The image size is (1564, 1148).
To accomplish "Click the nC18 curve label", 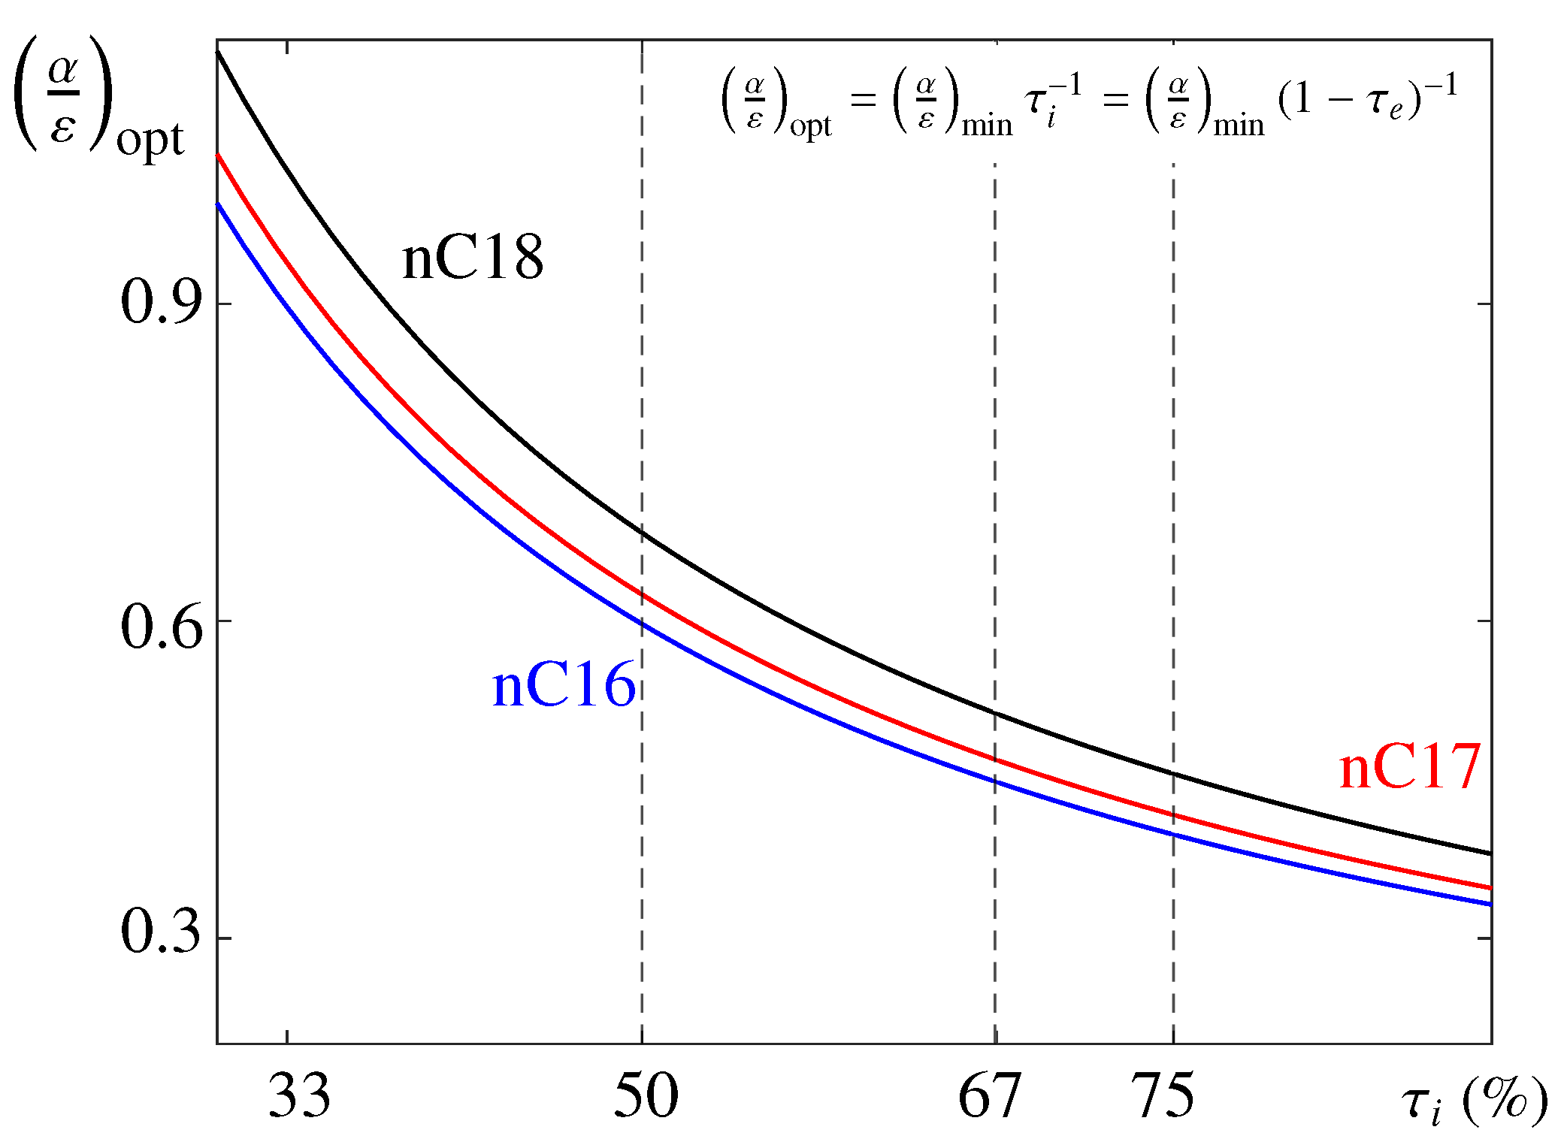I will [x=472, y=258].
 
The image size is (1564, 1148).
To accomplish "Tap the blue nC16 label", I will [x=564, y=685].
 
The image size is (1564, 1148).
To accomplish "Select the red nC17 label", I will [x=1409, y=767].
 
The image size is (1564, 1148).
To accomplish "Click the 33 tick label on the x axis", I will [x=298, y=1095].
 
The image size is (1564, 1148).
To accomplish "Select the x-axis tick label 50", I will [x=646, y=1095].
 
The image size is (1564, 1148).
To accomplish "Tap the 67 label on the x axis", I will [x=989, y=1095].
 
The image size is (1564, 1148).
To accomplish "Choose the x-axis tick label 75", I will [x=1162, y=1095].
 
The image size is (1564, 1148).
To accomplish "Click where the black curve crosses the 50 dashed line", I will [x=642, y=533].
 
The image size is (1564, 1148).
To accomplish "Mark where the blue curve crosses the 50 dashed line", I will [x=642, y=624].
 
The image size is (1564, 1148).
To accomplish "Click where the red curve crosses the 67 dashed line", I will [x=995, y=760].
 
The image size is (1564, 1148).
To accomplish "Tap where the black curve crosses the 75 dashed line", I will [x=1173, y=774].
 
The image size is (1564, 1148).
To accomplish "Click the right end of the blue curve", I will [x=1490, y=905].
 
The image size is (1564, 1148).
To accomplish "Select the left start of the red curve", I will [x=218, y=155].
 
